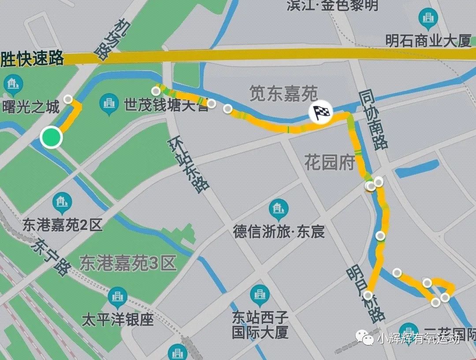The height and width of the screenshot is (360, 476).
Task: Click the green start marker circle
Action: [51, 137]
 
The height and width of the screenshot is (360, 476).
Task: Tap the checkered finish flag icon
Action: [320, 113]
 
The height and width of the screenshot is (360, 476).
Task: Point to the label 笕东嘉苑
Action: [283, 93]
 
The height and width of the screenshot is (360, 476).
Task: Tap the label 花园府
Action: [330, 163]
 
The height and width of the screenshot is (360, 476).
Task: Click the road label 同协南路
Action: [373, 119]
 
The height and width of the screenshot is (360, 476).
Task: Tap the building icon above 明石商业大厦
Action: [427, 18]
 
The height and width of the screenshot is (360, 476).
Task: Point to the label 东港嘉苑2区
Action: [63, 226]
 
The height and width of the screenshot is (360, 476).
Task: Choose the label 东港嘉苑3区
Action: [128, 263]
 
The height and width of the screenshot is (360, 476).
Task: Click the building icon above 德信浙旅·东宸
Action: [279, 209]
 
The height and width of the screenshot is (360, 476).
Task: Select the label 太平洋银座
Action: [118, 319]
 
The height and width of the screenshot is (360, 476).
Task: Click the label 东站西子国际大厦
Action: [260, 324]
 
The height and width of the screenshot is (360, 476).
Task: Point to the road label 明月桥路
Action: [365, 292]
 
